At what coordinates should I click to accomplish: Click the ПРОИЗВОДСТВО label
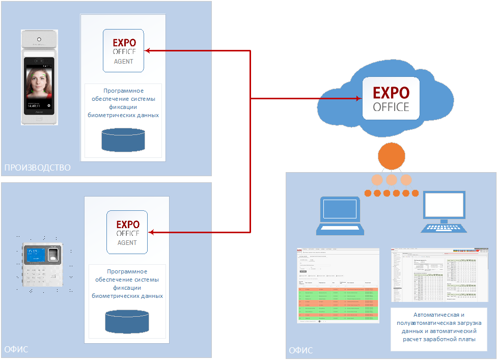37,168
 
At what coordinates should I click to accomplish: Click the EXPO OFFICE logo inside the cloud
391,99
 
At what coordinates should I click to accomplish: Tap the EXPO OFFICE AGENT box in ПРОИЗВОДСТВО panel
123,50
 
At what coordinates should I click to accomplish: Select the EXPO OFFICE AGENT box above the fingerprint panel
127,232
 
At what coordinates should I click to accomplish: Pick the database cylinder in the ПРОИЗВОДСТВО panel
123,140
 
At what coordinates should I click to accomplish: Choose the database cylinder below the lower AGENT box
127,321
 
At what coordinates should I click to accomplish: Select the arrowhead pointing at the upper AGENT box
148,50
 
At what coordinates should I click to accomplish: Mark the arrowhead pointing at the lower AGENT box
151,232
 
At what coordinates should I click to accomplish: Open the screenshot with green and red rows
338,285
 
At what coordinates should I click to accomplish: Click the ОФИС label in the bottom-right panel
301,351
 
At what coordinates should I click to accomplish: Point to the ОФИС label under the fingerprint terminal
16,349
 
